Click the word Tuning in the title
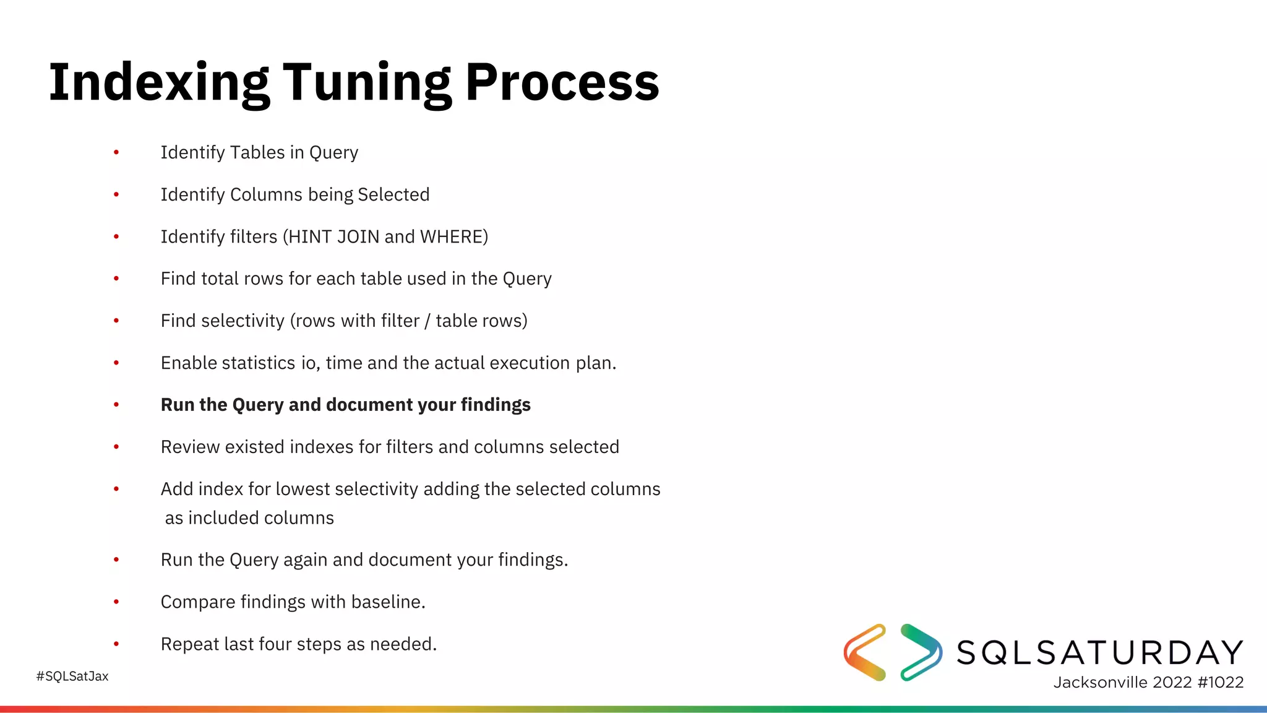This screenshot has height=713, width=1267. tap(368, 82)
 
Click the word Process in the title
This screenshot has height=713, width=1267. tap(562, 82)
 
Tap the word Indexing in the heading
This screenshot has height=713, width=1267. tap(159, 82)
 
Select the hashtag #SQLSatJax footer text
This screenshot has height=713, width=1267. tap(72, 676)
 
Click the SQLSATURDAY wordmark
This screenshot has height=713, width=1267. tap(1100, 652)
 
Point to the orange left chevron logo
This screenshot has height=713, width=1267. tap(865, 652)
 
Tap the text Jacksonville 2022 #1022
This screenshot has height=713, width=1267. tap(1148, 682)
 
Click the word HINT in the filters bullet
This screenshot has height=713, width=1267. tap(310, 236)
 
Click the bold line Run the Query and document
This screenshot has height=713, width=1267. tap(345, 405)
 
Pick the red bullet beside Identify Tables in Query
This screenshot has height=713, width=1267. tap(116, 152)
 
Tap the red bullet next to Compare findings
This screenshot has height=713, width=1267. tap(116, 602)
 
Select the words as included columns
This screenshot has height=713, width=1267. tap(249, 518)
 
